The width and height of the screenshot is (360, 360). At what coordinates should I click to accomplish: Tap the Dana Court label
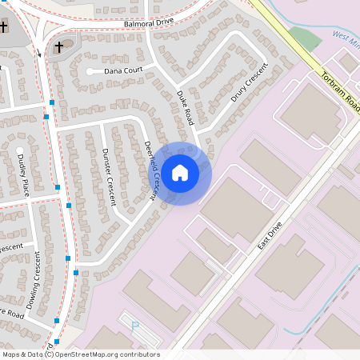(x=124, y=70)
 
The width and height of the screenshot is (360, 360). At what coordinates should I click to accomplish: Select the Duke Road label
(x=186, y=106)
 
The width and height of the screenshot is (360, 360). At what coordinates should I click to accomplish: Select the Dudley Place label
(x=23, y=175)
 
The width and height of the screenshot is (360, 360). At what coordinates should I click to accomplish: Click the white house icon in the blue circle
(x=180, y=172)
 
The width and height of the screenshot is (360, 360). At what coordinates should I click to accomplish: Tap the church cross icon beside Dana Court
(x=58, y=49)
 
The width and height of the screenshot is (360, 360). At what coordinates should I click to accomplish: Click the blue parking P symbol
(x=134, y=325)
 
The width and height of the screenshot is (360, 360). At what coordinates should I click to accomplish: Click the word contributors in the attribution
(x=138, y=354)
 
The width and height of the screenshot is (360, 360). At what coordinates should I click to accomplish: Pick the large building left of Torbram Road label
(x=310, y=112)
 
